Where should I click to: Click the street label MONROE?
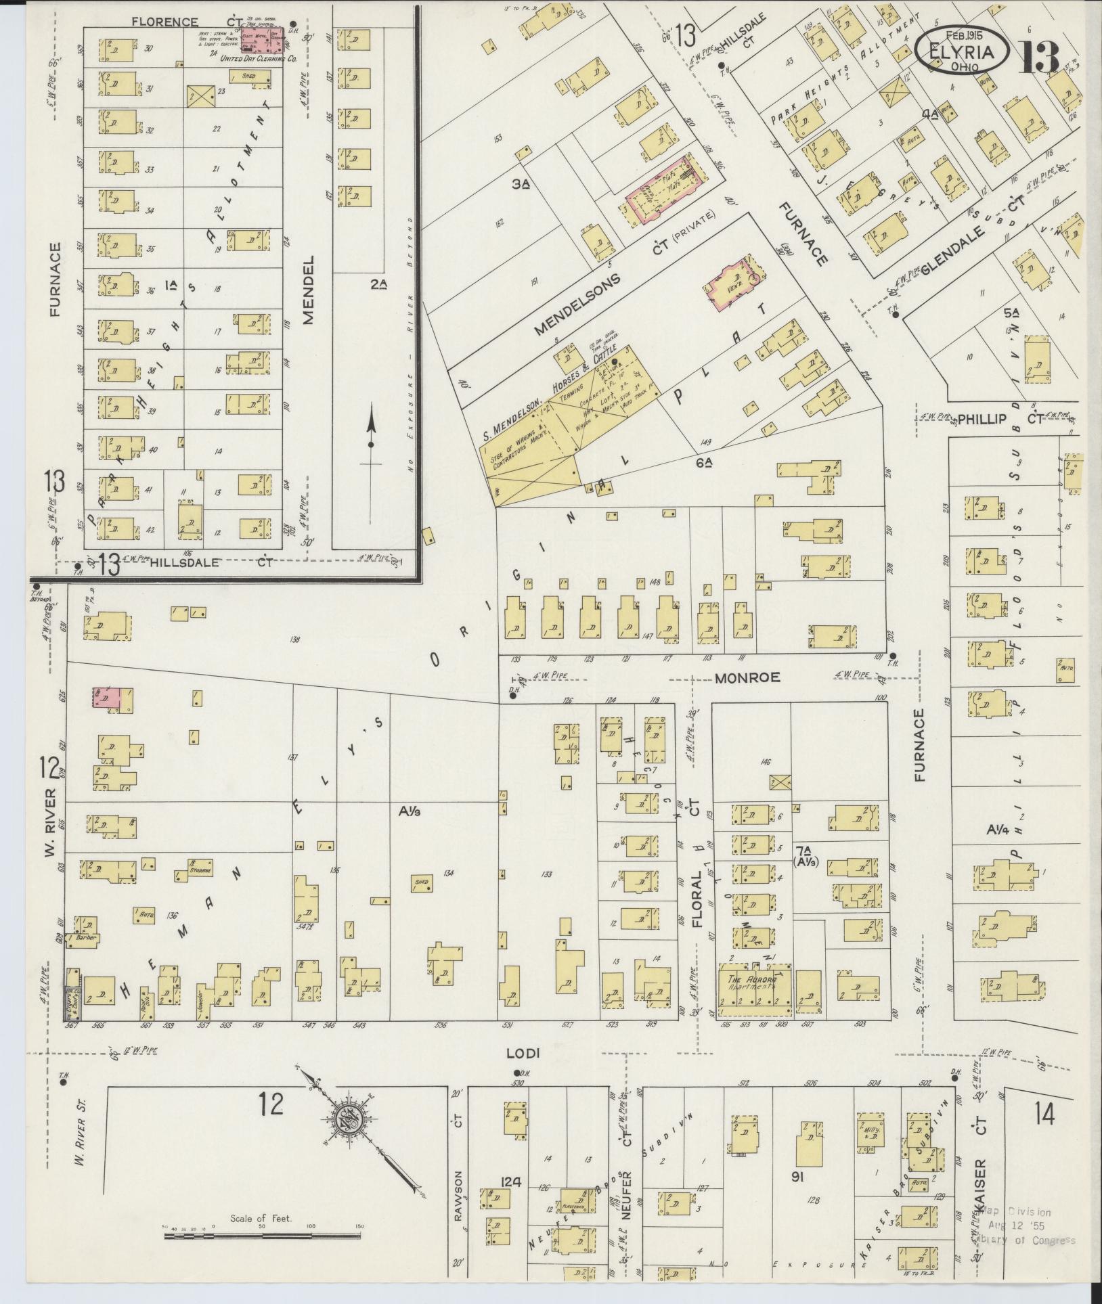(747, 677)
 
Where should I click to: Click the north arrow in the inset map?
(370, 443)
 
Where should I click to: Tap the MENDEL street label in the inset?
(309, 290)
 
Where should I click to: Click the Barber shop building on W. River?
(87, 937)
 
